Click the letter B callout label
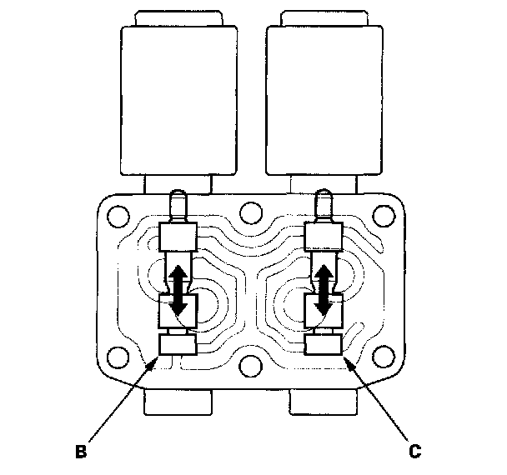coord(81,452)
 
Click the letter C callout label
coord(414,452)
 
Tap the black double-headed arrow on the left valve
coord(178,290)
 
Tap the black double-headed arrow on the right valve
coord(324,290)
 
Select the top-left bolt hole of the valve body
coord(118,216)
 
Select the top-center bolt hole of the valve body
coord(251,213)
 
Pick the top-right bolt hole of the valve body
coord(384,216)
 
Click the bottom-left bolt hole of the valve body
coord(118,357)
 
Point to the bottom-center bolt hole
coord(250,366)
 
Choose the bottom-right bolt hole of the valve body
coord(384,357)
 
